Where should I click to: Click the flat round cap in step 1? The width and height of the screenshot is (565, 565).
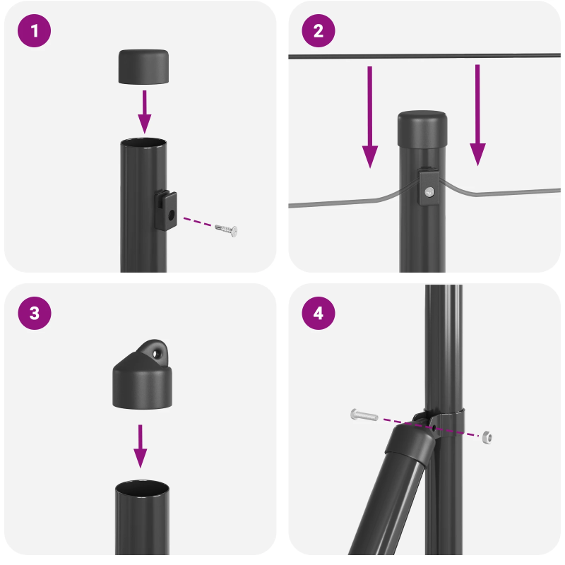point(144,66)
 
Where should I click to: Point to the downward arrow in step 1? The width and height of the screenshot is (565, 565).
point(144,110)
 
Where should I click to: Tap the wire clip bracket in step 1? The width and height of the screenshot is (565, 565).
point(166,210)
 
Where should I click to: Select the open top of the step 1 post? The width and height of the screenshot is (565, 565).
point(144,144)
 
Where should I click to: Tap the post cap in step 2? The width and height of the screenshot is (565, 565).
point(422,128)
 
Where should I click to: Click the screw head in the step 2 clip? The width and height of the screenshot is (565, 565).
point(429,191)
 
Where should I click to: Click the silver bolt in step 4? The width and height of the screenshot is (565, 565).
point(363,415)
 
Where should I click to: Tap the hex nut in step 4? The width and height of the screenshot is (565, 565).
point(487,437)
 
